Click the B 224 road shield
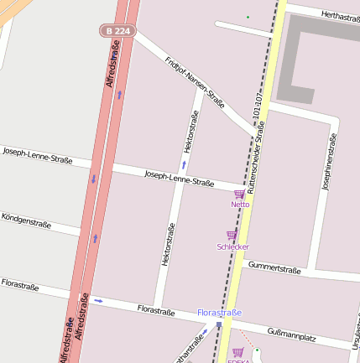pyautogui.click(x=118, y=31)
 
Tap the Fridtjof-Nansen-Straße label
pyautogui.click(x=194, y=83)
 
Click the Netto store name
pyautogui.click(x=241, y=205)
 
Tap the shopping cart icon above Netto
pyautogui.click(x=239, y=194)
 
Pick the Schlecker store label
pyautogui.click(x=232, y=246)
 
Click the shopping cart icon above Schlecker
pyautogui.click(x=231, y=236)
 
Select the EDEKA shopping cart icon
pyautogui.click(x=237, y=352)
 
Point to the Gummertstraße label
pyautogui.click(x=274, y=268)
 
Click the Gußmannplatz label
pyautogui.click(x=290, y=334)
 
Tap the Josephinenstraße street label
pyautogui.click(x=328, y=160)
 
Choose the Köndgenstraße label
pyautogui.click(x=26, y=220)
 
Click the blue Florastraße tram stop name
pyautogui.click(x=219, y=313)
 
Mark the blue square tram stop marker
pyautogui.click(x=219, y=324)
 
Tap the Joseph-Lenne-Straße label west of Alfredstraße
pyautogui.click(x=37, y=155)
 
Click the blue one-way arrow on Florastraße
pyautogui.click(x=99, y=300)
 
